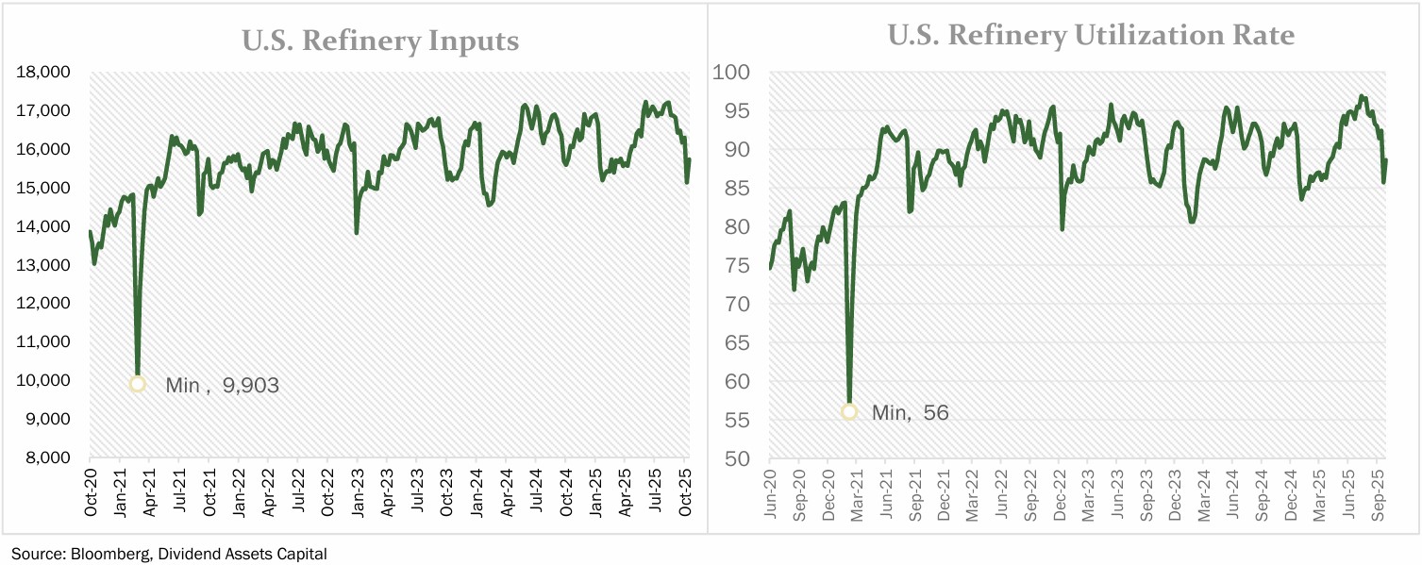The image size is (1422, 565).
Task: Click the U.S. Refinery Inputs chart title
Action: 380,41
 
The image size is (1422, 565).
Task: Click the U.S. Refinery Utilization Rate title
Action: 1091,36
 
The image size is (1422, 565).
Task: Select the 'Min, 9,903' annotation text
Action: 222,385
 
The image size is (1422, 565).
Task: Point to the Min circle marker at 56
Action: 849,411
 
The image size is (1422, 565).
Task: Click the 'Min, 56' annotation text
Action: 910,412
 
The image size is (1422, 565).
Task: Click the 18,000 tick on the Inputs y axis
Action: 44,73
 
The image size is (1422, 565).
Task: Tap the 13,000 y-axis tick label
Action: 44,266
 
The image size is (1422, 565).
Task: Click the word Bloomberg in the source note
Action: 104,554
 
